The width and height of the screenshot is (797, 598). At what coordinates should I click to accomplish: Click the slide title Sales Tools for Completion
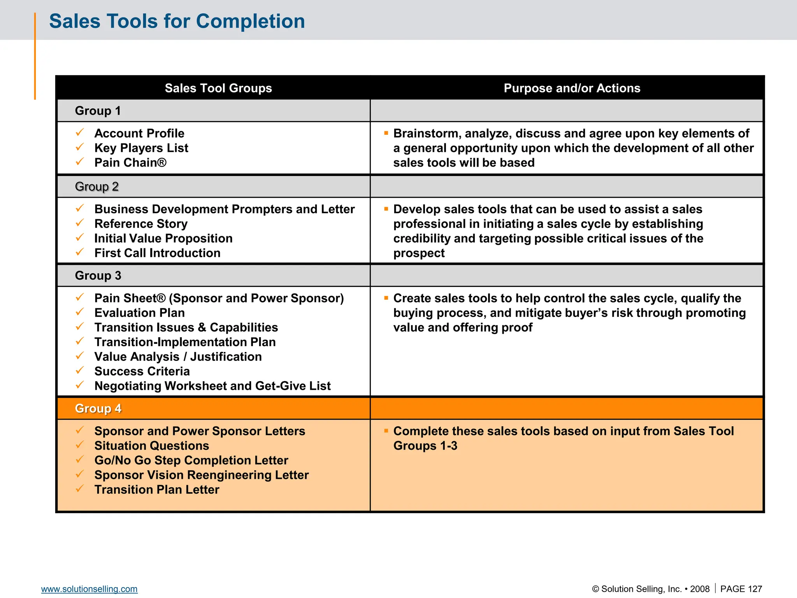177,21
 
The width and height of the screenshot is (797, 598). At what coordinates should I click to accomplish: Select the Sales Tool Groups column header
218,88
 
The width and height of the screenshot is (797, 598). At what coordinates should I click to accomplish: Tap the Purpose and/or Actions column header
572,88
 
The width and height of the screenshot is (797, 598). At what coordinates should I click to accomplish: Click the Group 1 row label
98,111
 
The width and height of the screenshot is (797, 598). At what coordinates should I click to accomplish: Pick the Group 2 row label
97,186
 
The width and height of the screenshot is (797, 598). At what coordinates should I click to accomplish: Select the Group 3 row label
98,276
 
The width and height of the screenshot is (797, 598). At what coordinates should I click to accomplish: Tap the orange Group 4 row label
98,408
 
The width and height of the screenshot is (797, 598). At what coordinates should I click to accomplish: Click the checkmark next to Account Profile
80,133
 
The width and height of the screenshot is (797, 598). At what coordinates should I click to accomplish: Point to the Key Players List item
141,148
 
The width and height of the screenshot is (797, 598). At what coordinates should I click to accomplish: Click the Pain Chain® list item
130,163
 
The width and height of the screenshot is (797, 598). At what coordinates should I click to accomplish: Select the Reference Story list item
140,224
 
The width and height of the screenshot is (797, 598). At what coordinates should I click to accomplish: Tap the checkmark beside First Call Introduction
80,252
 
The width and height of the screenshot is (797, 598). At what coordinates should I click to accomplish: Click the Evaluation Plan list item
139,313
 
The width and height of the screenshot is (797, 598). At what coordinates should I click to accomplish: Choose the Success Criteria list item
142,371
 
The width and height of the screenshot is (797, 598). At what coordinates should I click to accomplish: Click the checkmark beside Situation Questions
80,445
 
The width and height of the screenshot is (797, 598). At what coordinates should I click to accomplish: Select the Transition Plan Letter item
156,490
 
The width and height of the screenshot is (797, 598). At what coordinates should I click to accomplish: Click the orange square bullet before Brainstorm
386,133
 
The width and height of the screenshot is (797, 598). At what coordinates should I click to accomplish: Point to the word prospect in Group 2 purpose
419,253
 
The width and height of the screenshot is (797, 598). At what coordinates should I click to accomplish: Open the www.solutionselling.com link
89,589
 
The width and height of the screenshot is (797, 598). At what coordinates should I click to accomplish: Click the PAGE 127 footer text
741,589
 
